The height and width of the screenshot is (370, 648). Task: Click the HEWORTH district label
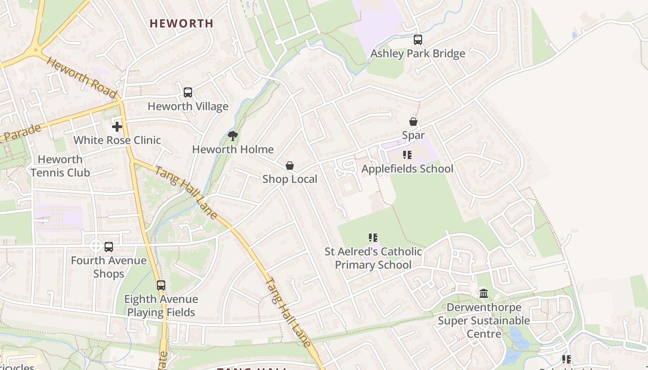click(x=181, y=24)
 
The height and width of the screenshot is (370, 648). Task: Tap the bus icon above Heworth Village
click(x=187, y=92)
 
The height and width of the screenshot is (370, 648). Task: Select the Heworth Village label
click(x=187, y=106)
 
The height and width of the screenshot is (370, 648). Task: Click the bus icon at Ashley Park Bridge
click(x=418, y=40)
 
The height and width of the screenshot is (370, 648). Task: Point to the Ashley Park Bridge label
click(x=417, y=54)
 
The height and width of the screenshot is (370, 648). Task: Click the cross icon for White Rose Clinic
click(x=117, y=126)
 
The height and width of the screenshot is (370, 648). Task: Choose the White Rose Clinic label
click(x=117, y=140)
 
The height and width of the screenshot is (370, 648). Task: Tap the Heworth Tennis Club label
click(x=60, y=166)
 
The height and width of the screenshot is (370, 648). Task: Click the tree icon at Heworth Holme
click(x=233, y=136)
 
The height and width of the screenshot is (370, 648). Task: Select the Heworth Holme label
click(x=233, y=150)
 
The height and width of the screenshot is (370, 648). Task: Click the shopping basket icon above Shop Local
click(x=290, y=166)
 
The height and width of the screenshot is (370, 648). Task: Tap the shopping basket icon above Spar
click(x=413, y=122)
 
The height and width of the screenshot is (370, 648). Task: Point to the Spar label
click(x=413, y=136)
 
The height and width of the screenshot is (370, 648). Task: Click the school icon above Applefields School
click(x=407, y=155)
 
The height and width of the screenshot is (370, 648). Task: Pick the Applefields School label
click(x=407, y=169)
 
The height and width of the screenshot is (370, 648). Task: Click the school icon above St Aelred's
click(x=373, y=238)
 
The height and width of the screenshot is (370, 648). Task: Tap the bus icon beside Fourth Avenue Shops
click(x=109, y=247)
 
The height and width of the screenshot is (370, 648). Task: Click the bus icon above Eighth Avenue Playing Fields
click(x=161, y=285)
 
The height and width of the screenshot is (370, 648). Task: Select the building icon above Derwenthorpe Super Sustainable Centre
click(x=484, y=294)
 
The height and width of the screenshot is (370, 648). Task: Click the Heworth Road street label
click(x=81, y=78)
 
